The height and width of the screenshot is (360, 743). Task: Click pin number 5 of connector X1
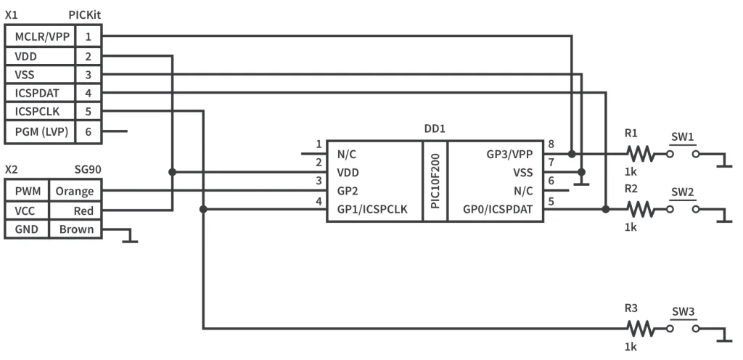pyautogui.click(x=88, y=112)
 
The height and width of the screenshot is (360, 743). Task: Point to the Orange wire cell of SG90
pyautogui.click(x=75, y=192)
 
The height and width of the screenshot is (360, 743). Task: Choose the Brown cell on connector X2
pyautogui.click(x=75, y=229)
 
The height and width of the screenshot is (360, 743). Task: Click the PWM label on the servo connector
pyautogui.click(x=27, y=192)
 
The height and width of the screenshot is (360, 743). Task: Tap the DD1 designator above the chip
pyautogui.click(x=435, y=128)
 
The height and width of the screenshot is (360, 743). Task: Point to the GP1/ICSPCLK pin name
pyautogui.click(x=371, y=209)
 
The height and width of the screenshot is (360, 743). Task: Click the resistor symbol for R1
pyautogui.click(x=640, y=154)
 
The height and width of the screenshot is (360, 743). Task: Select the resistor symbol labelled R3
pyautogui.click(x=640, y=328)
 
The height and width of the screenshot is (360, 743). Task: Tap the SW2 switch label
pyautogui.click(x=682, y=192)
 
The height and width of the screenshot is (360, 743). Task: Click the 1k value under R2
pyautogui.click(x=630, y=227)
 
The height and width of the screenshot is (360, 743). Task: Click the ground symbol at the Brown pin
pyautogui.click(x=130, y=238)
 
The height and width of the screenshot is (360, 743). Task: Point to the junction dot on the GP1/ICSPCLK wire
pyautogui.click(x=204, y=209)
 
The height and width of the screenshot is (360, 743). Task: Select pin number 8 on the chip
pyautogui.click(x=551, y=144)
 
